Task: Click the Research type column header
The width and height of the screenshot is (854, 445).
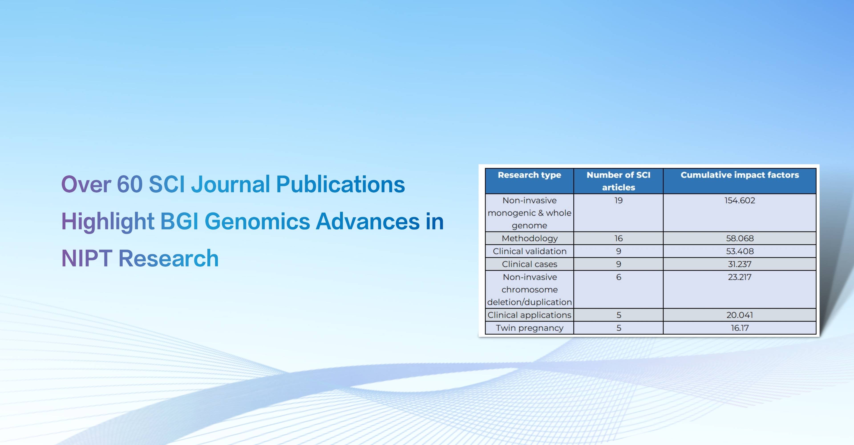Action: click(529, 175)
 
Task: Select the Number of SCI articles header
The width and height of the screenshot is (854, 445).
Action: click(619, 181)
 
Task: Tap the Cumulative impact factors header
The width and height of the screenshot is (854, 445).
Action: click(740, 175)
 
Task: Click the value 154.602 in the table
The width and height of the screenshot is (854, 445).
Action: click(740, 200)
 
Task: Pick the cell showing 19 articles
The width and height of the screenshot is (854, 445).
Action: click(619, 200)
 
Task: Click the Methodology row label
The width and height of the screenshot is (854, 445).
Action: click(529, 238)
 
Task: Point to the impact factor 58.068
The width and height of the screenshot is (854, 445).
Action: click(740, 238)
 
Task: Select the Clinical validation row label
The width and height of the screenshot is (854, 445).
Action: click(529, 251)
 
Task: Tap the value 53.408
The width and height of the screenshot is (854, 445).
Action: click(740, 251)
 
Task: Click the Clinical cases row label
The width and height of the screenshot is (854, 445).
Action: click(529, 264)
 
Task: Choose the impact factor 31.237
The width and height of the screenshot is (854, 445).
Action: click(740, 264)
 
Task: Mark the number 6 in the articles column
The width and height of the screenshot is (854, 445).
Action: click(619, 277)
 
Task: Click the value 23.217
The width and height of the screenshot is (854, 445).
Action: click(740, 277)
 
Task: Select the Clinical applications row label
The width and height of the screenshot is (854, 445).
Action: click(529, 315)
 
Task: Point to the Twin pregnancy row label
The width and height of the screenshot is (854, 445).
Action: click(529, 328)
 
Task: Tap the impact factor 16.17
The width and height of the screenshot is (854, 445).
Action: click(740, 328)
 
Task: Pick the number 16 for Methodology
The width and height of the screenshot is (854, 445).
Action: click(619, 238)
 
